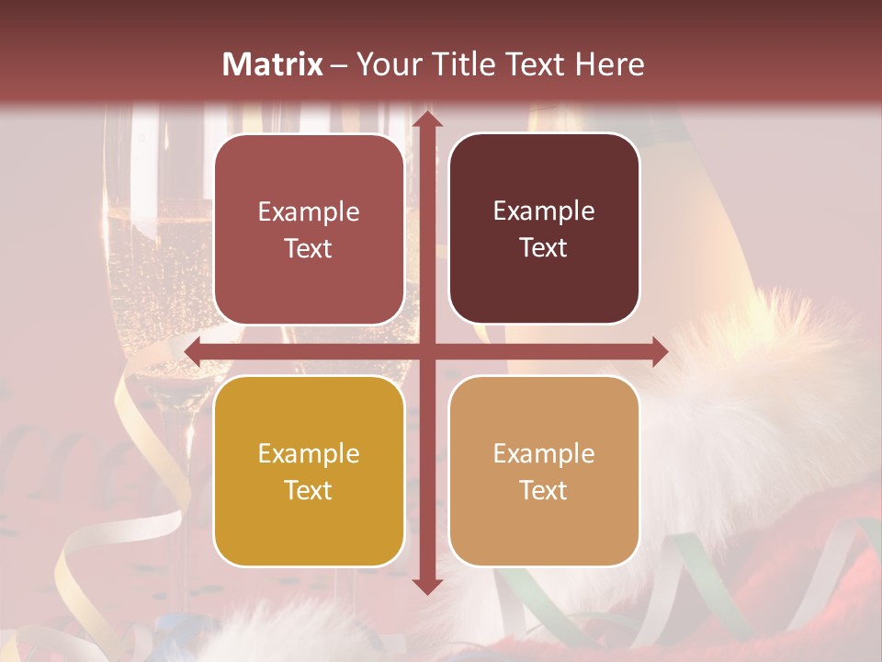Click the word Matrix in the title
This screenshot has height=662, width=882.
click(273, 64)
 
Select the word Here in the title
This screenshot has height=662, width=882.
click(610, 64)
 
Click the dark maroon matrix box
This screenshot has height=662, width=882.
click(544, 229)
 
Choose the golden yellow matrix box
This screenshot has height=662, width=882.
click(309, 471)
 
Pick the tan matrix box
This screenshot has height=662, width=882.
click(544, 471)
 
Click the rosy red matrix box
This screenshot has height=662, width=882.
click(309, 229)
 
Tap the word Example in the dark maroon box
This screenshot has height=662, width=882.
click(544, 211)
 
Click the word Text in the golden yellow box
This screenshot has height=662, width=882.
click(309, 490)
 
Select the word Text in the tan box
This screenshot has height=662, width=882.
click(544, 490)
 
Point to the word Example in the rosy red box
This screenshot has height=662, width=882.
click(309, 212)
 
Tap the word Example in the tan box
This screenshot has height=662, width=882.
click(544, 453)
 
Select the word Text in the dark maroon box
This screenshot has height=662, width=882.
click(544, 248)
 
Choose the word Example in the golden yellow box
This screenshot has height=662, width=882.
click(309, 453)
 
